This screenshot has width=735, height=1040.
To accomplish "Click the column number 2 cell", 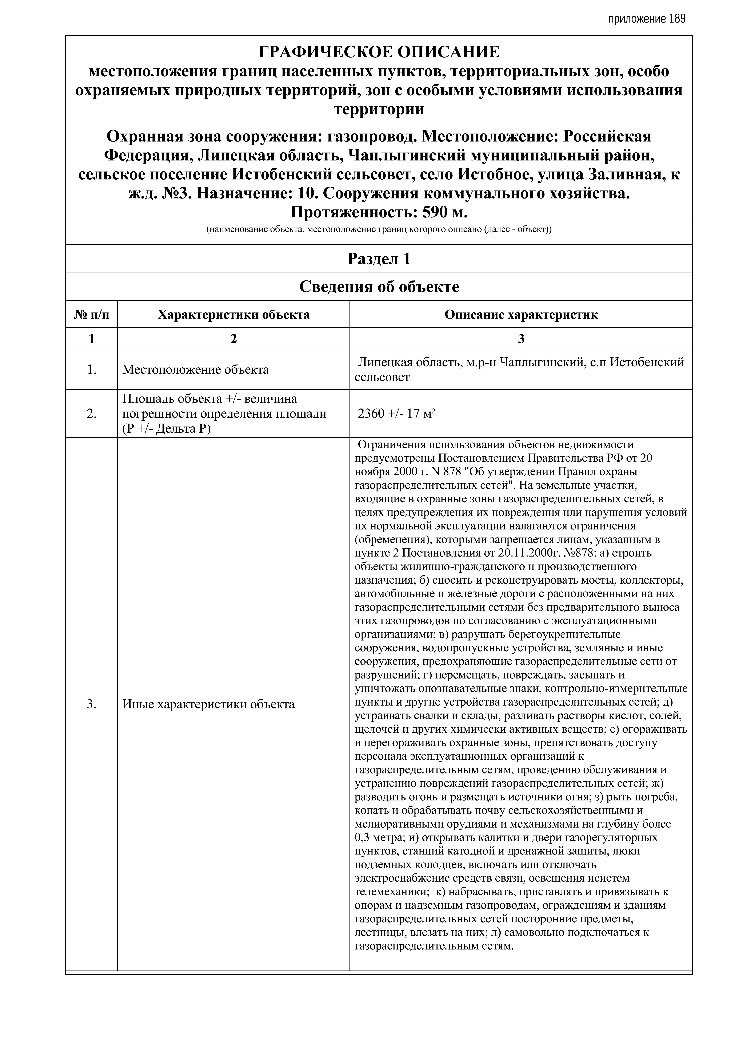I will pos(234,339).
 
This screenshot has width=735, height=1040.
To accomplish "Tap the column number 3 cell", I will pos(521,339).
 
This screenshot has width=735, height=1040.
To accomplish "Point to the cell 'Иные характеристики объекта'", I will pos(208,704).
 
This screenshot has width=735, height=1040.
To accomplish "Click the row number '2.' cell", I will pos(91,413).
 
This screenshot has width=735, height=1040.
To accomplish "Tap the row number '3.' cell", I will pos(91,704).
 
